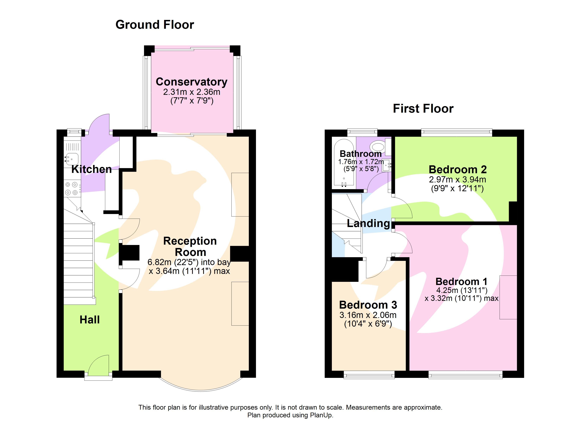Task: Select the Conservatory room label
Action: (x=191, y=82)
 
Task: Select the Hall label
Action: (x=89, y=320)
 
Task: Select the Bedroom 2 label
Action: (x=458, y=170)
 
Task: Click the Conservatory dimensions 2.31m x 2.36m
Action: (x=192, y=92)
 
